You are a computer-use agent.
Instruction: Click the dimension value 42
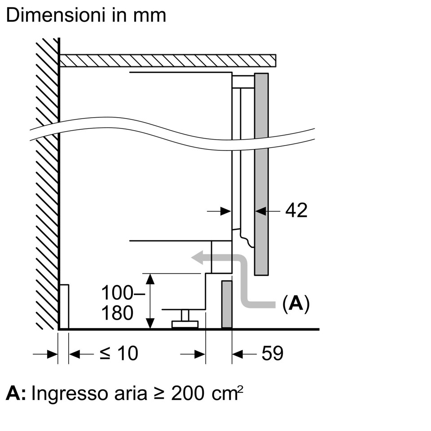(296, 210)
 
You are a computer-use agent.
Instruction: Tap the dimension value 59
(273, 354)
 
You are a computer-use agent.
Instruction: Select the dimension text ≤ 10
(119, 354)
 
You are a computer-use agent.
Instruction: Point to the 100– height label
(117, 294)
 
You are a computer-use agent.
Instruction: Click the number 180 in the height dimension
(117, 313)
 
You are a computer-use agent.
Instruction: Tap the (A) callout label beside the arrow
(296, 304)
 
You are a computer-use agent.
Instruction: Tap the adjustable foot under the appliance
(185, 319)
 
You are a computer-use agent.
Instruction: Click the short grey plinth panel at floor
(227, 304)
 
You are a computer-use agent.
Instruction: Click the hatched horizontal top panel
(167, 61)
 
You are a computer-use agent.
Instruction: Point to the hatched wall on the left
(47, 180)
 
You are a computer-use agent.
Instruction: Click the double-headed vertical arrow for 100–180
(150, 301)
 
